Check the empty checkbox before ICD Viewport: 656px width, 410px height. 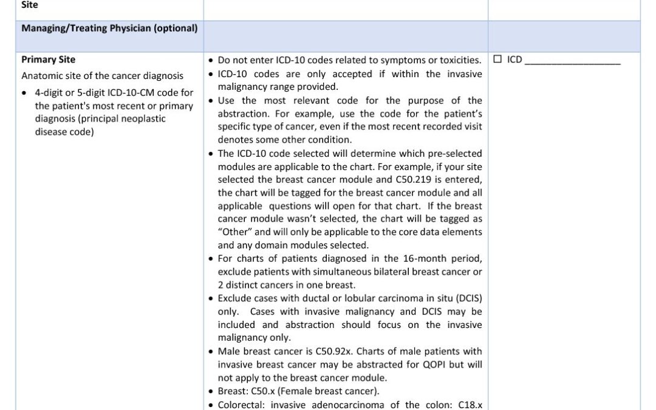497,60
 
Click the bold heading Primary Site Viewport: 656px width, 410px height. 49,60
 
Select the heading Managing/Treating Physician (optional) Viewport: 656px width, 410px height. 109,28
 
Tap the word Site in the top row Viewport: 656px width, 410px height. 29,4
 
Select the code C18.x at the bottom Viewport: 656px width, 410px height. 470,405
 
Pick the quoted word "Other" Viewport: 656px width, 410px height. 233,232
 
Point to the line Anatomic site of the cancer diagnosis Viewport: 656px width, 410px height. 102,76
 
